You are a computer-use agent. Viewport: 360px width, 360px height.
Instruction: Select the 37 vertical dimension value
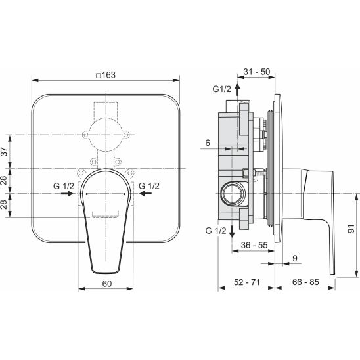pyautogui.click(x=5, y=152)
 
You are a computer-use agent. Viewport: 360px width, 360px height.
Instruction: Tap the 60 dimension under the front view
pyautogui.click(x=107, y=284)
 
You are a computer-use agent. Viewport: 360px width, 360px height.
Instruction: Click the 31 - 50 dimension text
pyautogui.click(x=257, y=72)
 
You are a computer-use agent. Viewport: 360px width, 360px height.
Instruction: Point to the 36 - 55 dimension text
pyautogui.click(x=254, y=245)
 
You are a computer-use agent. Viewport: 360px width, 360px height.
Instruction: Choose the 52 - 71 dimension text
pyautogui.click(x=247, y=282)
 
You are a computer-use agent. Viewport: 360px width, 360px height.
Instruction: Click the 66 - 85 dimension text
pyautogui.click(x=305, y=282)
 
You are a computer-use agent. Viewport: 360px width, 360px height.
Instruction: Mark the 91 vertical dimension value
pyautogui.click(x=351, y=229)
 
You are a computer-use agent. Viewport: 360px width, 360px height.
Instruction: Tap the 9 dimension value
pyautogui.click(x=295, y=258)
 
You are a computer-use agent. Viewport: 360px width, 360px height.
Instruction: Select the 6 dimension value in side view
pyautogui.click(x=208, y=143)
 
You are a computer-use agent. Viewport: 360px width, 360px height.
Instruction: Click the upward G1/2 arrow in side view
pyautogui.click(x=237, y=90)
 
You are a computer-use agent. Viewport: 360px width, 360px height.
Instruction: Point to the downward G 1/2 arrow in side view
pyautogui.click(x=232, y=231)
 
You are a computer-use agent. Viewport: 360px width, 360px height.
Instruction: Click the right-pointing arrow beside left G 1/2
pyautogui.click(x=67, y=194)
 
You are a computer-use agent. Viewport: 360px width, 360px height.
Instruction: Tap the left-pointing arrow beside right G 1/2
pyautogui.click(x=145, y=194)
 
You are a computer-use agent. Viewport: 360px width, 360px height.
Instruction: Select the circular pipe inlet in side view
pyautogui.click(x=233, y=194)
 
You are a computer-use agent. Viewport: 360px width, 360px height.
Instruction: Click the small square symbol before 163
pyautogui.click(x=99, y=76)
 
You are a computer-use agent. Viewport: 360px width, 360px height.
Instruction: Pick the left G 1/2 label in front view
pyautogui.click(x=64, y=186)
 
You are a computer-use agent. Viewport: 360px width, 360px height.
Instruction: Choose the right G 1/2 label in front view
pyautogui.click(x=149, y=186)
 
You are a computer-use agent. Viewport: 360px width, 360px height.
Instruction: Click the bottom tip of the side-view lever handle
pyautogui.click(x=332, y=274)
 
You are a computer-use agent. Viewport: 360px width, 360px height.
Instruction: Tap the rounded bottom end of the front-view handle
pyautogui.click(x=106, y=273)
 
